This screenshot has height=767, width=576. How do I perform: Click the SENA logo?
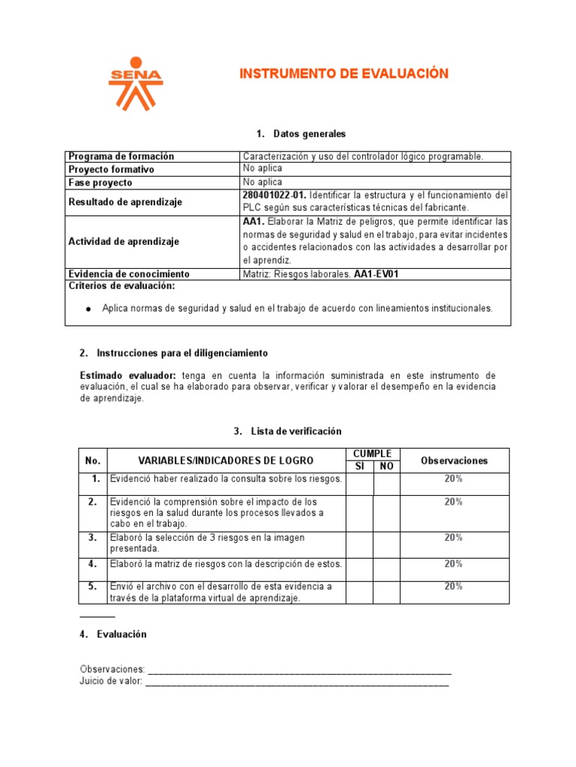[135, 83]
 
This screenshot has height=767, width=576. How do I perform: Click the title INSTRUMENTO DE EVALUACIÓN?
[343, 73]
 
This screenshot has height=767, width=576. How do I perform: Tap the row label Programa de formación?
[121, 157]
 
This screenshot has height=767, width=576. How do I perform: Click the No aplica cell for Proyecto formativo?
[262, 169]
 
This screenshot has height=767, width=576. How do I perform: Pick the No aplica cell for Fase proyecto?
[262, 182]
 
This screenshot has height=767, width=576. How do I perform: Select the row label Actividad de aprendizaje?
[124, 241]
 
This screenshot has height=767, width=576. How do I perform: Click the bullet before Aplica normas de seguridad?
[88, 309]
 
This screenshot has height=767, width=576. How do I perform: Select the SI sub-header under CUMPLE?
[359, 467]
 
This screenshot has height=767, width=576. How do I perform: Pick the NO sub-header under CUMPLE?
[386, 467]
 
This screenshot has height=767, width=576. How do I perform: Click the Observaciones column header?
[454, 461]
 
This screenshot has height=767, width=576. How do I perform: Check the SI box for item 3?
[359, 544]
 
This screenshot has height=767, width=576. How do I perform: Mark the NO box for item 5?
[386, 592]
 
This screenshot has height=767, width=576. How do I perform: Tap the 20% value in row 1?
[453, 479]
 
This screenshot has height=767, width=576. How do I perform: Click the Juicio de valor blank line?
[297, 682]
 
